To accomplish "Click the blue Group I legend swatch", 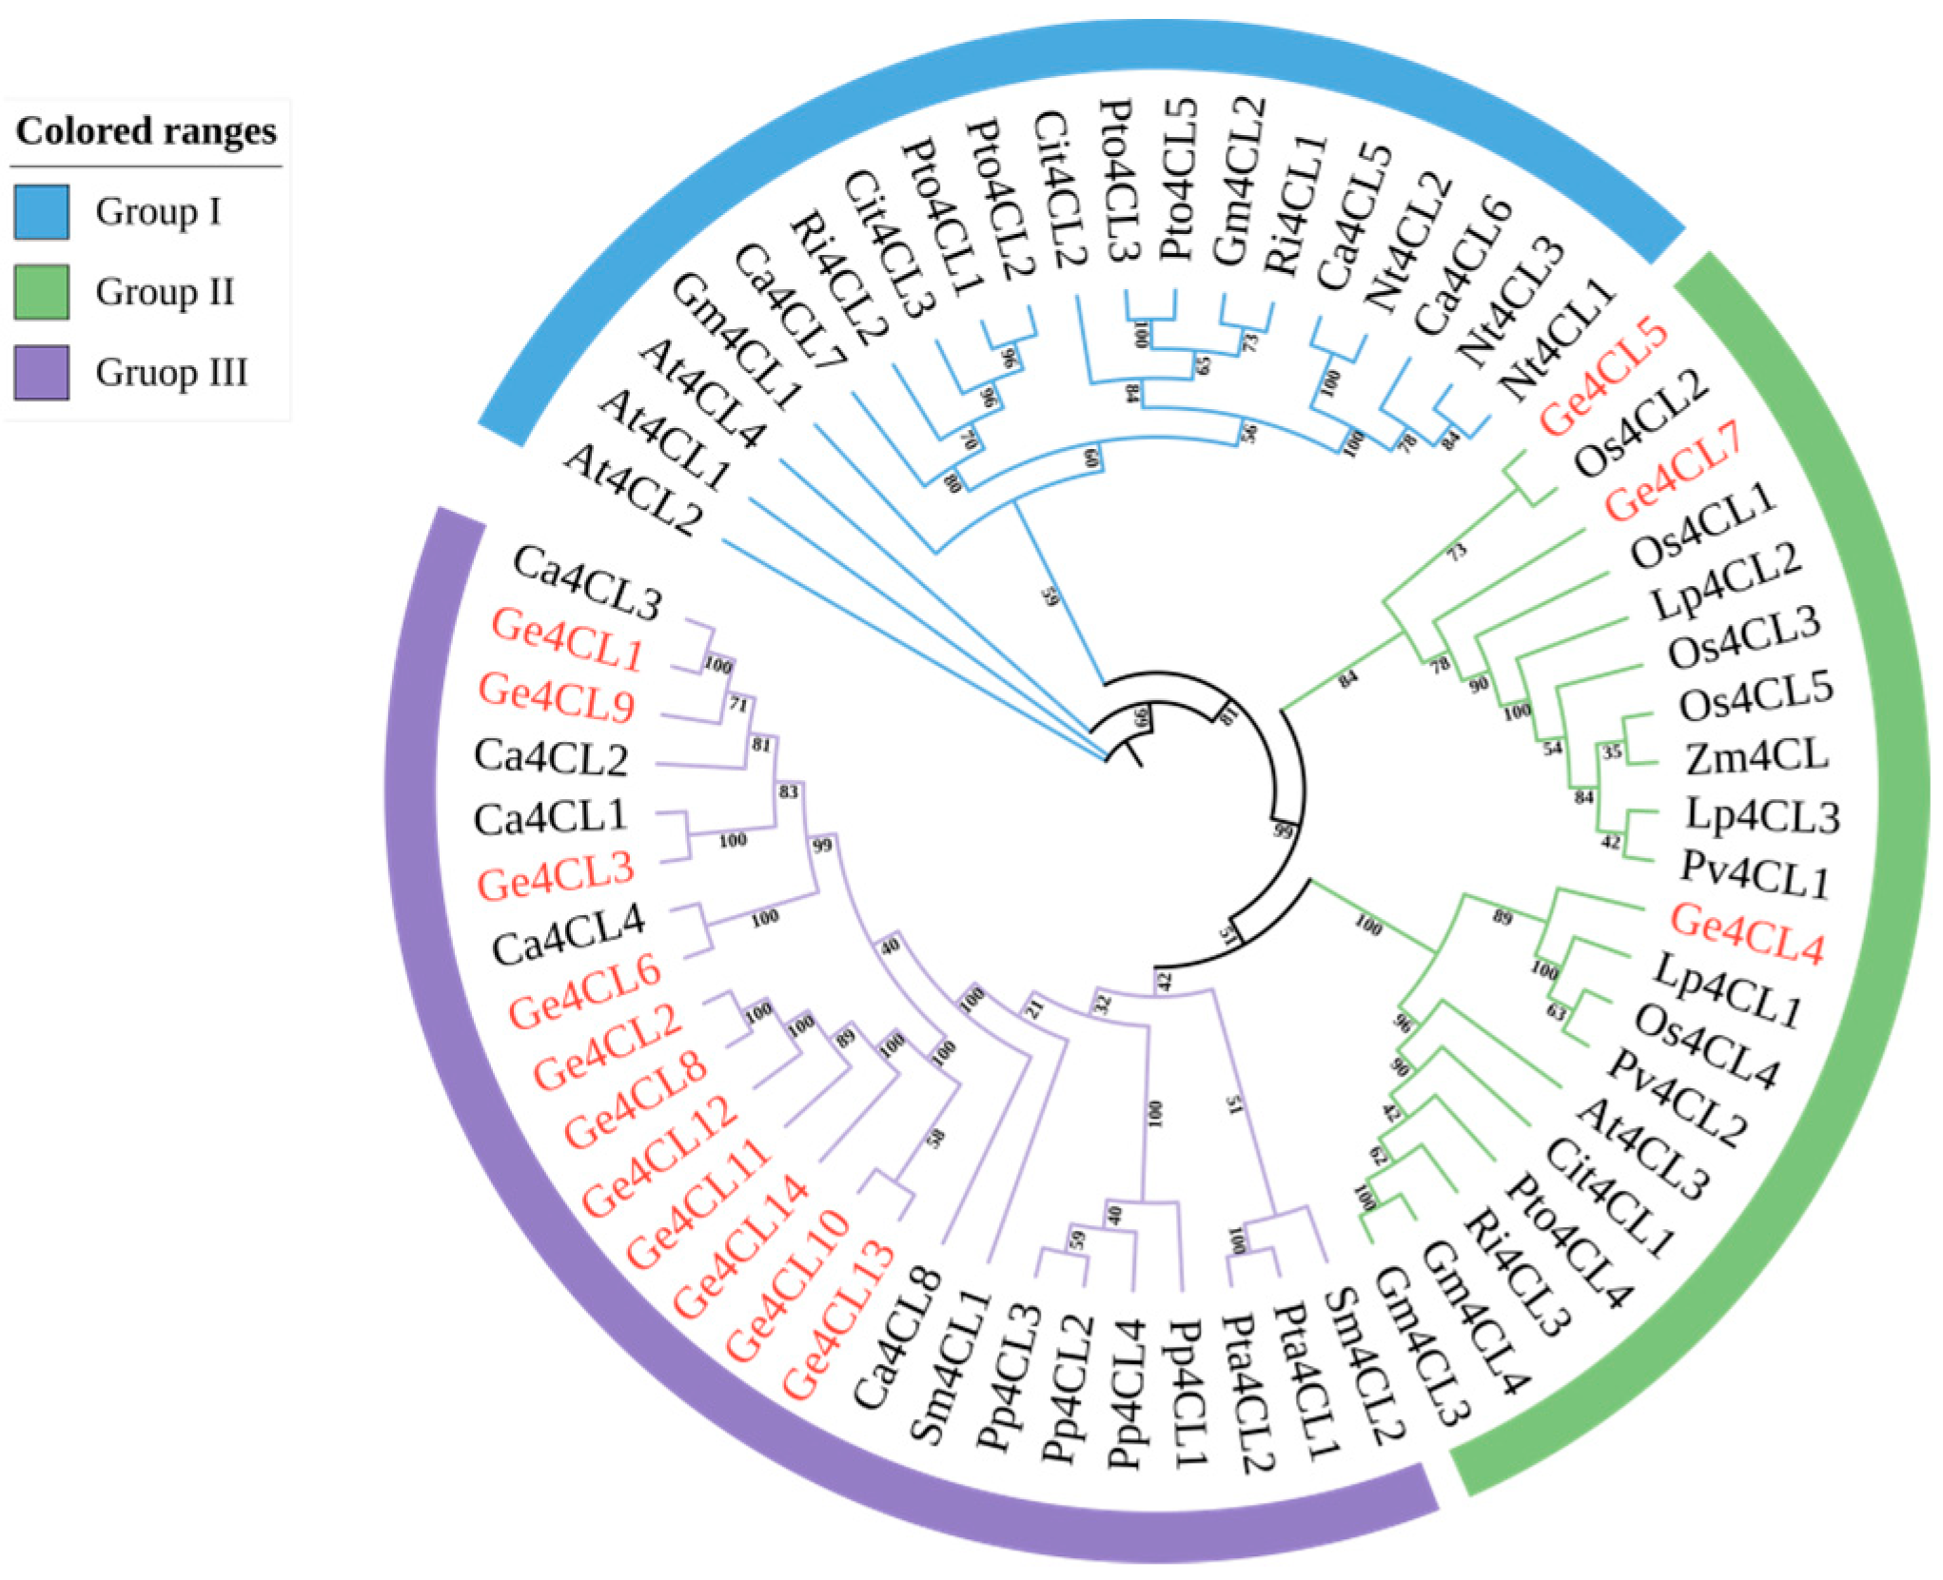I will click(41, 211).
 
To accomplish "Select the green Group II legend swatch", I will click(41, 291).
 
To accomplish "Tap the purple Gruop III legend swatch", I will click(41, 372).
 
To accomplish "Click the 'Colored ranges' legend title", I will click(146, 131).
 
